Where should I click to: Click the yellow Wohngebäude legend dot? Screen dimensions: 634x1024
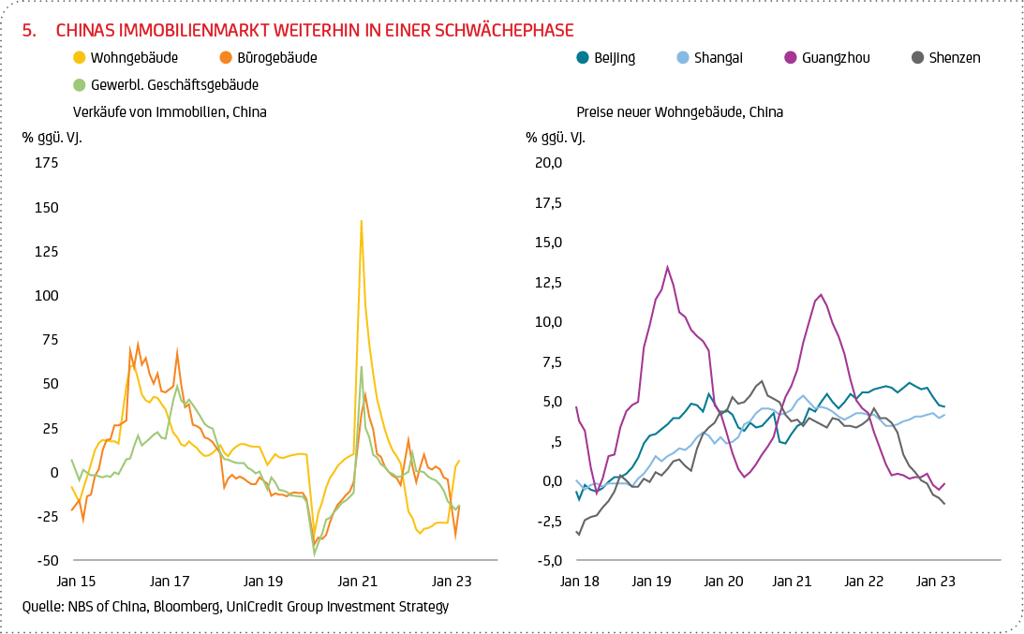79,58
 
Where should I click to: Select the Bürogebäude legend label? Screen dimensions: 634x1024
276,58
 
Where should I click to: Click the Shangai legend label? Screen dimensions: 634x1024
719,58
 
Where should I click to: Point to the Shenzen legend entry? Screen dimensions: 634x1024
954,58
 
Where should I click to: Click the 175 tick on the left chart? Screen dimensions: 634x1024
46,163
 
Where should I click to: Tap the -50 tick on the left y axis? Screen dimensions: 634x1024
46,560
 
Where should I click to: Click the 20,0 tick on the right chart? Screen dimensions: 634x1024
547,163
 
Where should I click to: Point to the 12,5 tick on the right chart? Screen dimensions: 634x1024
547,283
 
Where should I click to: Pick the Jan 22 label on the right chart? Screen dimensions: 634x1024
865,582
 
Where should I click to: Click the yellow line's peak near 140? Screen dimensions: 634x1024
361,222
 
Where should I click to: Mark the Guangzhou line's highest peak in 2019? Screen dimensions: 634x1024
667,266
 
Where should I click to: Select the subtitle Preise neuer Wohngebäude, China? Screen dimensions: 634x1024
679,112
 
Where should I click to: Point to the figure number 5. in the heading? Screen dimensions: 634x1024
29,31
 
